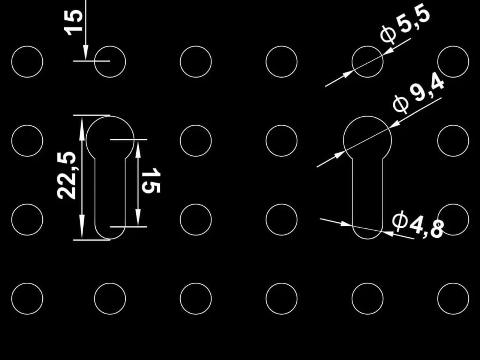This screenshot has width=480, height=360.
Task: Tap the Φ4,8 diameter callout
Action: coord(418,225)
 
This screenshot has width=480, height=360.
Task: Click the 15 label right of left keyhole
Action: coord(151,180)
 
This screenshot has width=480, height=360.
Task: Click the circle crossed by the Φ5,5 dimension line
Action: coord(367,46)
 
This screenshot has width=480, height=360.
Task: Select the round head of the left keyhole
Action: coord(110,116)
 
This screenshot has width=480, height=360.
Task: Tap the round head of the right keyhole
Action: coord(367,116)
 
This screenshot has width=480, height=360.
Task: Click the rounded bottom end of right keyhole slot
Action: coord(367,239)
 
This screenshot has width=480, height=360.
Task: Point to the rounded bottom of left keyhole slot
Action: coord(110,239)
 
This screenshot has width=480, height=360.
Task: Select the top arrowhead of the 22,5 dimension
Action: coord(82,128)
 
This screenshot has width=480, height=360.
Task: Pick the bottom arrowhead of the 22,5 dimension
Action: coord(82,227)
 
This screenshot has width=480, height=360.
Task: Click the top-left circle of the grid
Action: coord(27,46)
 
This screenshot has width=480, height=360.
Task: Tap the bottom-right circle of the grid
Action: coord(453,283)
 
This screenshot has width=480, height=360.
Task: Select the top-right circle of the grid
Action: coord(453,46)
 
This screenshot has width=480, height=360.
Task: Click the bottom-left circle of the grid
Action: coord(27,283)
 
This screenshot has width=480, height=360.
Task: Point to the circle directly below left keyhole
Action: coord(110,283)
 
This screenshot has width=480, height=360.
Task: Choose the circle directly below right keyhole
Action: coord(367,283)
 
